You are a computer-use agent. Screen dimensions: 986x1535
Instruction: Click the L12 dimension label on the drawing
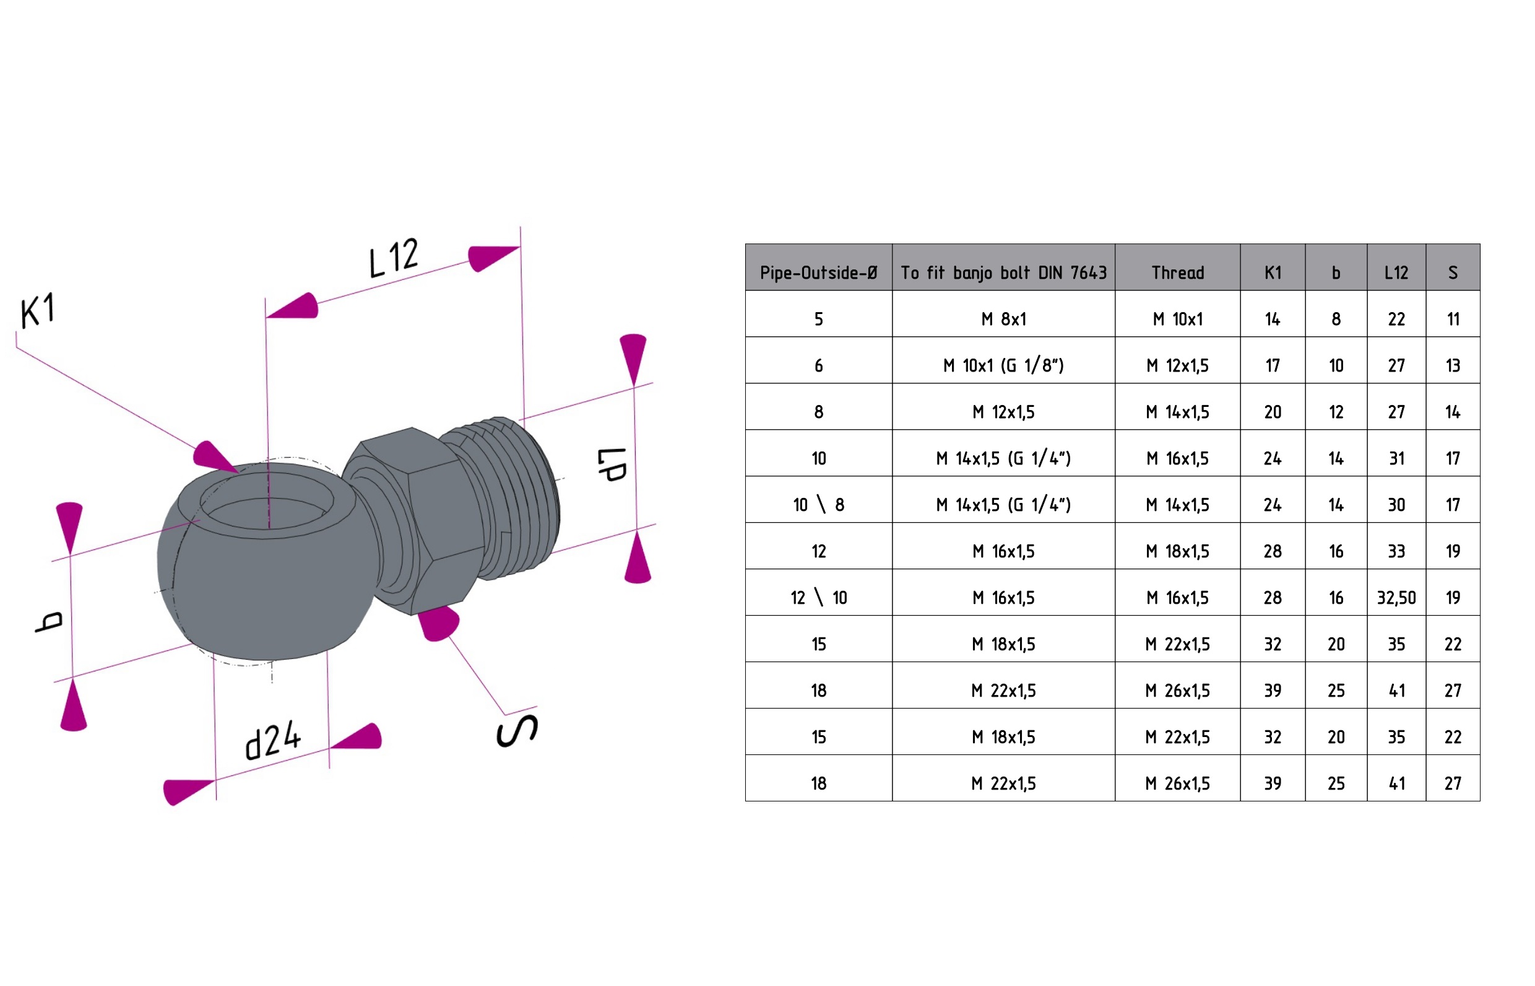[x=394, y=258]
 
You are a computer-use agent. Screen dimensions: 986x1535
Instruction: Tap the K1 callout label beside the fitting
[x=38, y=311]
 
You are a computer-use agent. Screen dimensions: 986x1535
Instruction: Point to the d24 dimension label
[x=273, y=739]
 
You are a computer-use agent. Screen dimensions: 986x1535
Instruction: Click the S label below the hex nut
[x=517, y=731]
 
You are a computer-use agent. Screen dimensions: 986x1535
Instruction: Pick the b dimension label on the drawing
[x=50, y=622]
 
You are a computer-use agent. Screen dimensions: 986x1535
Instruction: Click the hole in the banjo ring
[x=266, y=506]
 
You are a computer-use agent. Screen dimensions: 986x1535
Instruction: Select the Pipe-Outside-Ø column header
[x=818, y=273]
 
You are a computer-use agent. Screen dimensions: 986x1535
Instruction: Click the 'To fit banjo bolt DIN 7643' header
[x=1003, y=273]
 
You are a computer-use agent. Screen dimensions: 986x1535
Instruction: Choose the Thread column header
[x=1177, y=273]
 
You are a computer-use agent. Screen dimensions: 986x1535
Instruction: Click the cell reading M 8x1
[x=1003, y=320]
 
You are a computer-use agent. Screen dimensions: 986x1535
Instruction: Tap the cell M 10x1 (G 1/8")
[x=1003, y=365]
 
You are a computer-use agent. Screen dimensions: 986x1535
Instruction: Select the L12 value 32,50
[x=1396, y=598]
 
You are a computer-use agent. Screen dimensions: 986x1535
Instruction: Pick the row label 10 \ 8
[x=818, y=505]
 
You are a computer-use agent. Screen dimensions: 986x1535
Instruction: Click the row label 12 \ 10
[x=818, y=598]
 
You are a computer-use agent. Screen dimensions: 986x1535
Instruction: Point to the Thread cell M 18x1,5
[x=1177, y=551]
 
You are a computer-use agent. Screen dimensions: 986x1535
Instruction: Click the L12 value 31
[x=1396, y=458]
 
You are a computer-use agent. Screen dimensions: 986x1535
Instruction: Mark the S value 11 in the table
[x=1453, y=320]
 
